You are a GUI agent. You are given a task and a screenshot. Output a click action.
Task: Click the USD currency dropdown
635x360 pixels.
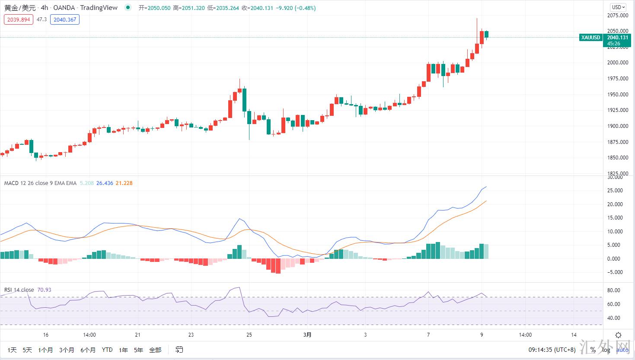(618, 7)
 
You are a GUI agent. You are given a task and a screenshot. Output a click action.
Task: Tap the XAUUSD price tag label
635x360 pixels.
(590, 38)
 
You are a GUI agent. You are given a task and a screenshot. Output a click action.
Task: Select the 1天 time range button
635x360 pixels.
(12, 350)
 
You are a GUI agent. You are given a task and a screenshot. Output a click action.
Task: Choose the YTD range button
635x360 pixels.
(107, 350)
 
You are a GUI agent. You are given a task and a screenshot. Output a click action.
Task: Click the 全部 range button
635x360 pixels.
(155, 350)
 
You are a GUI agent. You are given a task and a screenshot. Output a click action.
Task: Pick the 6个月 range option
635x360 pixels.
(88, 350)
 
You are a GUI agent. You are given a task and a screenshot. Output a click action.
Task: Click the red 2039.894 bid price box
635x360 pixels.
(19, 19)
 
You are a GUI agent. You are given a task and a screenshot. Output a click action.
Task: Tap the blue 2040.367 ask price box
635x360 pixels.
(65, 19)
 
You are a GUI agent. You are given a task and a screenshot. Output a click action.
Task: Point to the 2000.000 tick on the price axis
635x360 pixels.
(618, 63)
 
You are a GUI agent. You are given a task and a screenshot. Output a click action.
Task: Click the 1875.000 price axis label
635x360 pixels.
(618, 142)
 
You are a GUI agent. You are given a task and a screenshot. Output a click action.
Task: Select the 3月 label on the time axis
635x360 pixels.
(307, 335)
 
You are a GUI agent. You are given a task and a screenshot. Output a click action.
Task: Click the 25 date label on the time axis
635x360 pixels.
(249, 335)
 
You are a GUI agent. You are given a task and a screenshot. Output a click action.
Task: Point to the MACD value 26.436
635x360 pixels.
(105, 183)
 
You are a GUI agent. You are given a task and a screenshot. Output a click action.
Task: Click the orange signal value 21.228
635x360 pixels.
(124, 183)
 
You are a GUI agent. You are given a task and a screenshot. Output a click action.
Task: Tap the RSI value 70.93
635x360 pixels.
(44, 290)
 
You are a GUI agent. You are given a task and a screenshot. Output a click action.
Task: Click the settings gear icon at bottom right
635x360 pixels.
(619, 335)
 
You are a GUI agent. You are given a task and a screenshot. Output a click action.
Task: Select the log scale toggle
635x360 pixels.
(606, 350)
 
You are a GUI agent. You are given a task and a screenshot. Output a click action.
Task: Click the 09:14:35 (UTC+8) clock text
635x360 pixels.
(552, 350)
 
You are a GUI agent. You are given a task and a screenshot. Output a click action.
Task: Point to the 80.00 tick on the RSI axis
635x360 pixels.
(614, 290)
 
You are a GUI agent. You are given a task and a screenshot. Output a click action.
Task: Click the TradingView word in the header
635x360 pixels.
(99, 8)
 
